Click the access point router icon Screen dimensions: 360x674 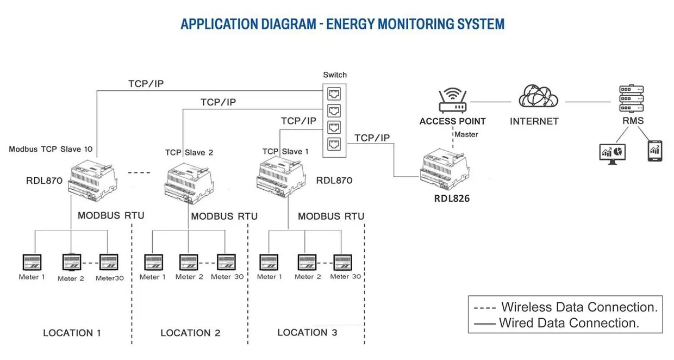click(452, 102)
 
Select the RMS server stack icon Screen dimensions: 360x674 click(632, 98)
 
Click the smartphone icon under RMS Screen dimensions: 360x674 click(654, 151)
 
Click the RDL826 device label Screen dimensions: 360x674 click(452, 198)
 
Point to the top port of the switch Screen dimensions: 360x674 click(334, 92)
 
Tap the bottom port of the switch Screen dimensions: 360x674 click(334, 145)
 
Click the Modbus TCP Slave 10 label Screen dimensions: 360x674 click(51, 149)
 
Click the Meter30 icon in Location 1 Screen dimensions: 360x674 click(108, 263)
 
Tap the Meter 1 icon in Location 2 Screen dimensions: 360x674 click(153, 263)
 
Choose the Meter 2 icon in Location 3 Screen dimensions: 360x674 click(307, 263)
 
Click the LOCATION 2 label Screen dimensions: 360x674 click(190, 333)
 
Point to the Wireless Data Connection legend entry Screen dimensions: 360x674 click(565, 307)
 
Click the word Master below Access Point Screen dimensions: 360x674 click(466, 134)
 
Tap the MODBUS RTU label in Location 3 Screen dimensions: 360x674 click(331, 216)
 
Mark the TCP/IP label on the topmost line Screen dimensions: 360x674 click(146, 84)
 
